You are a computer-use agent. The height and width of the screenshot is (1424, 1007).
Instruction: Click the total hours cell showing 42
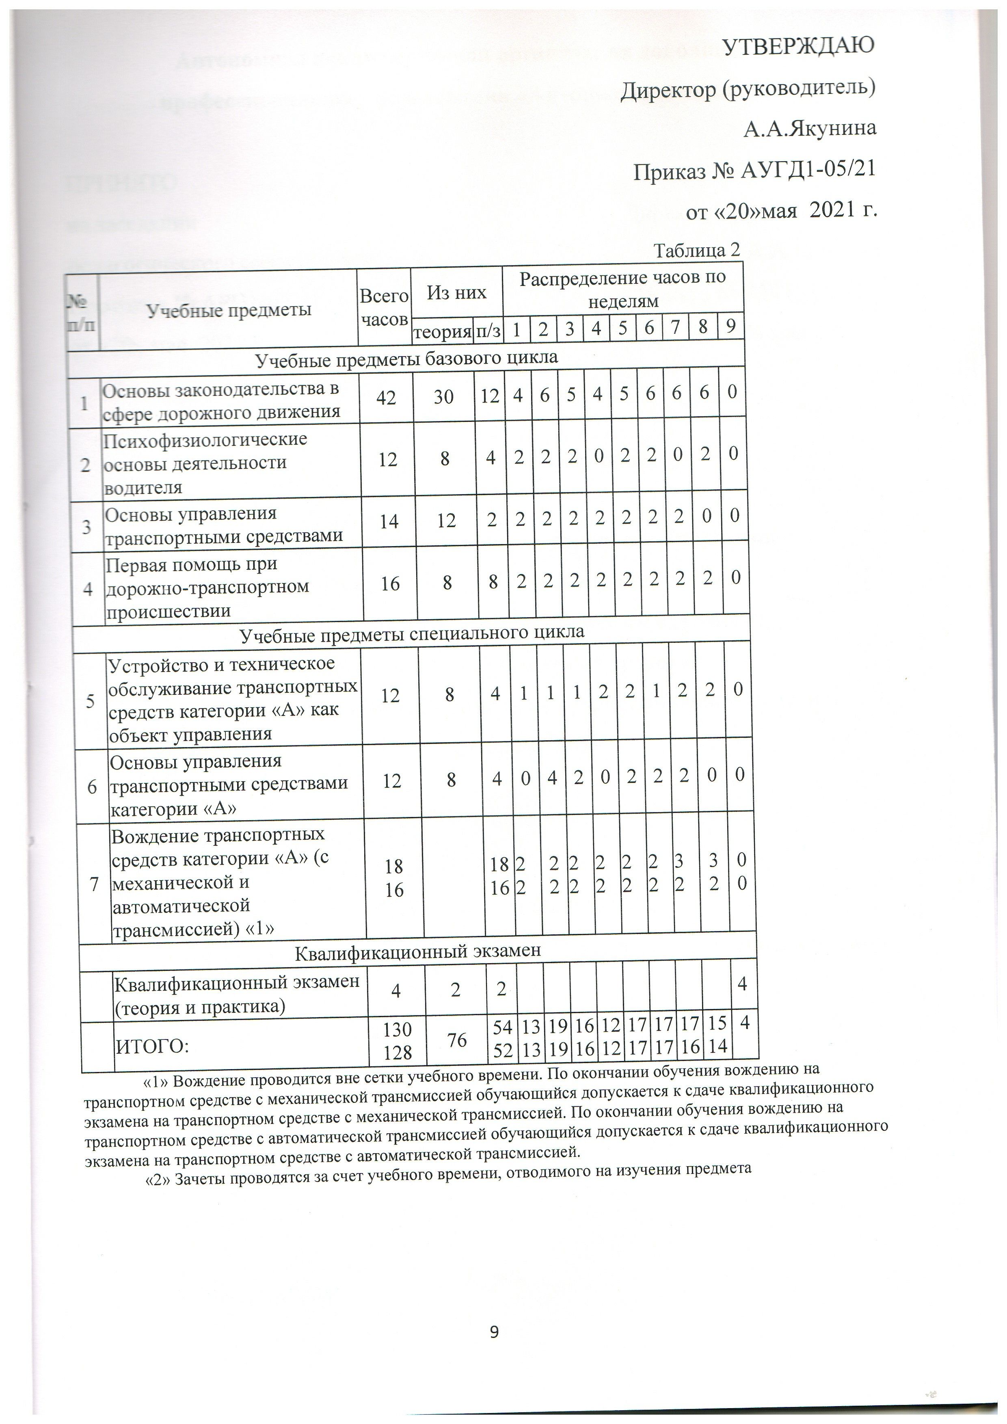pyautogui.click(x=386, y=397)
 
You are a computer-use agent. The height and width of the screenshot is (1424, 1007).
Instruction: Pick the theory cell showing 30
pyautogui.click(x=444, y=397)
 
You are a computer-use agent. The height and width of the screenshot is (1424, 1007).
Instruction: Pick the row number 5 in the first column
pyautogui.click(x=91, y=702)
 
